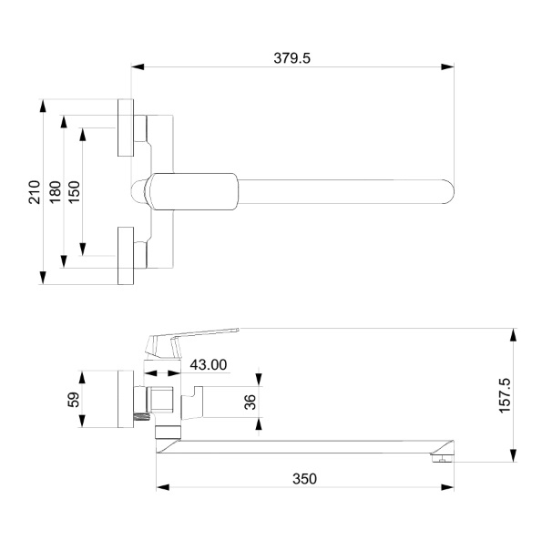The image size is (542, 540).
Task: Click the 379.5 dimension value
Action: click(x=291, y=58)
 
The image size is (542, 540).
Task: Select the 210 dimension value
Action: click(x=35, y=192)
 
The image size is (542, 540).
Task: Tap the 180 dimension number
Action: click(x=55, y=192)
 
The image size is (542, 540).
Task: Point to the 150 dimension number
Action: click(x=74, y=192)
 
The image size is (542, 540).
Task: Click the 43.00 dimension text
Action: click(x=209, y=364)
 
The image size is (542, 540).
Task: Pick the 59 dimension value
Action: click(x=73, y=400)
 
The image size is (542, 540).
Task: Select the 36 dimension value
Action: click(x=250, y=402)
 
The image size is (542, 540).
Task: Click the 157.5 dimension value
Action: click(x=505, y=395)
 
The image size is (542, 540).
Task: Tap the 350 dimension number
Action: click(x=304, y=479)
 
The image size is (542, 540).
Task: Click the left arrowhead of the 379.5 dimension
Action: click(x=138, y=66)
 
